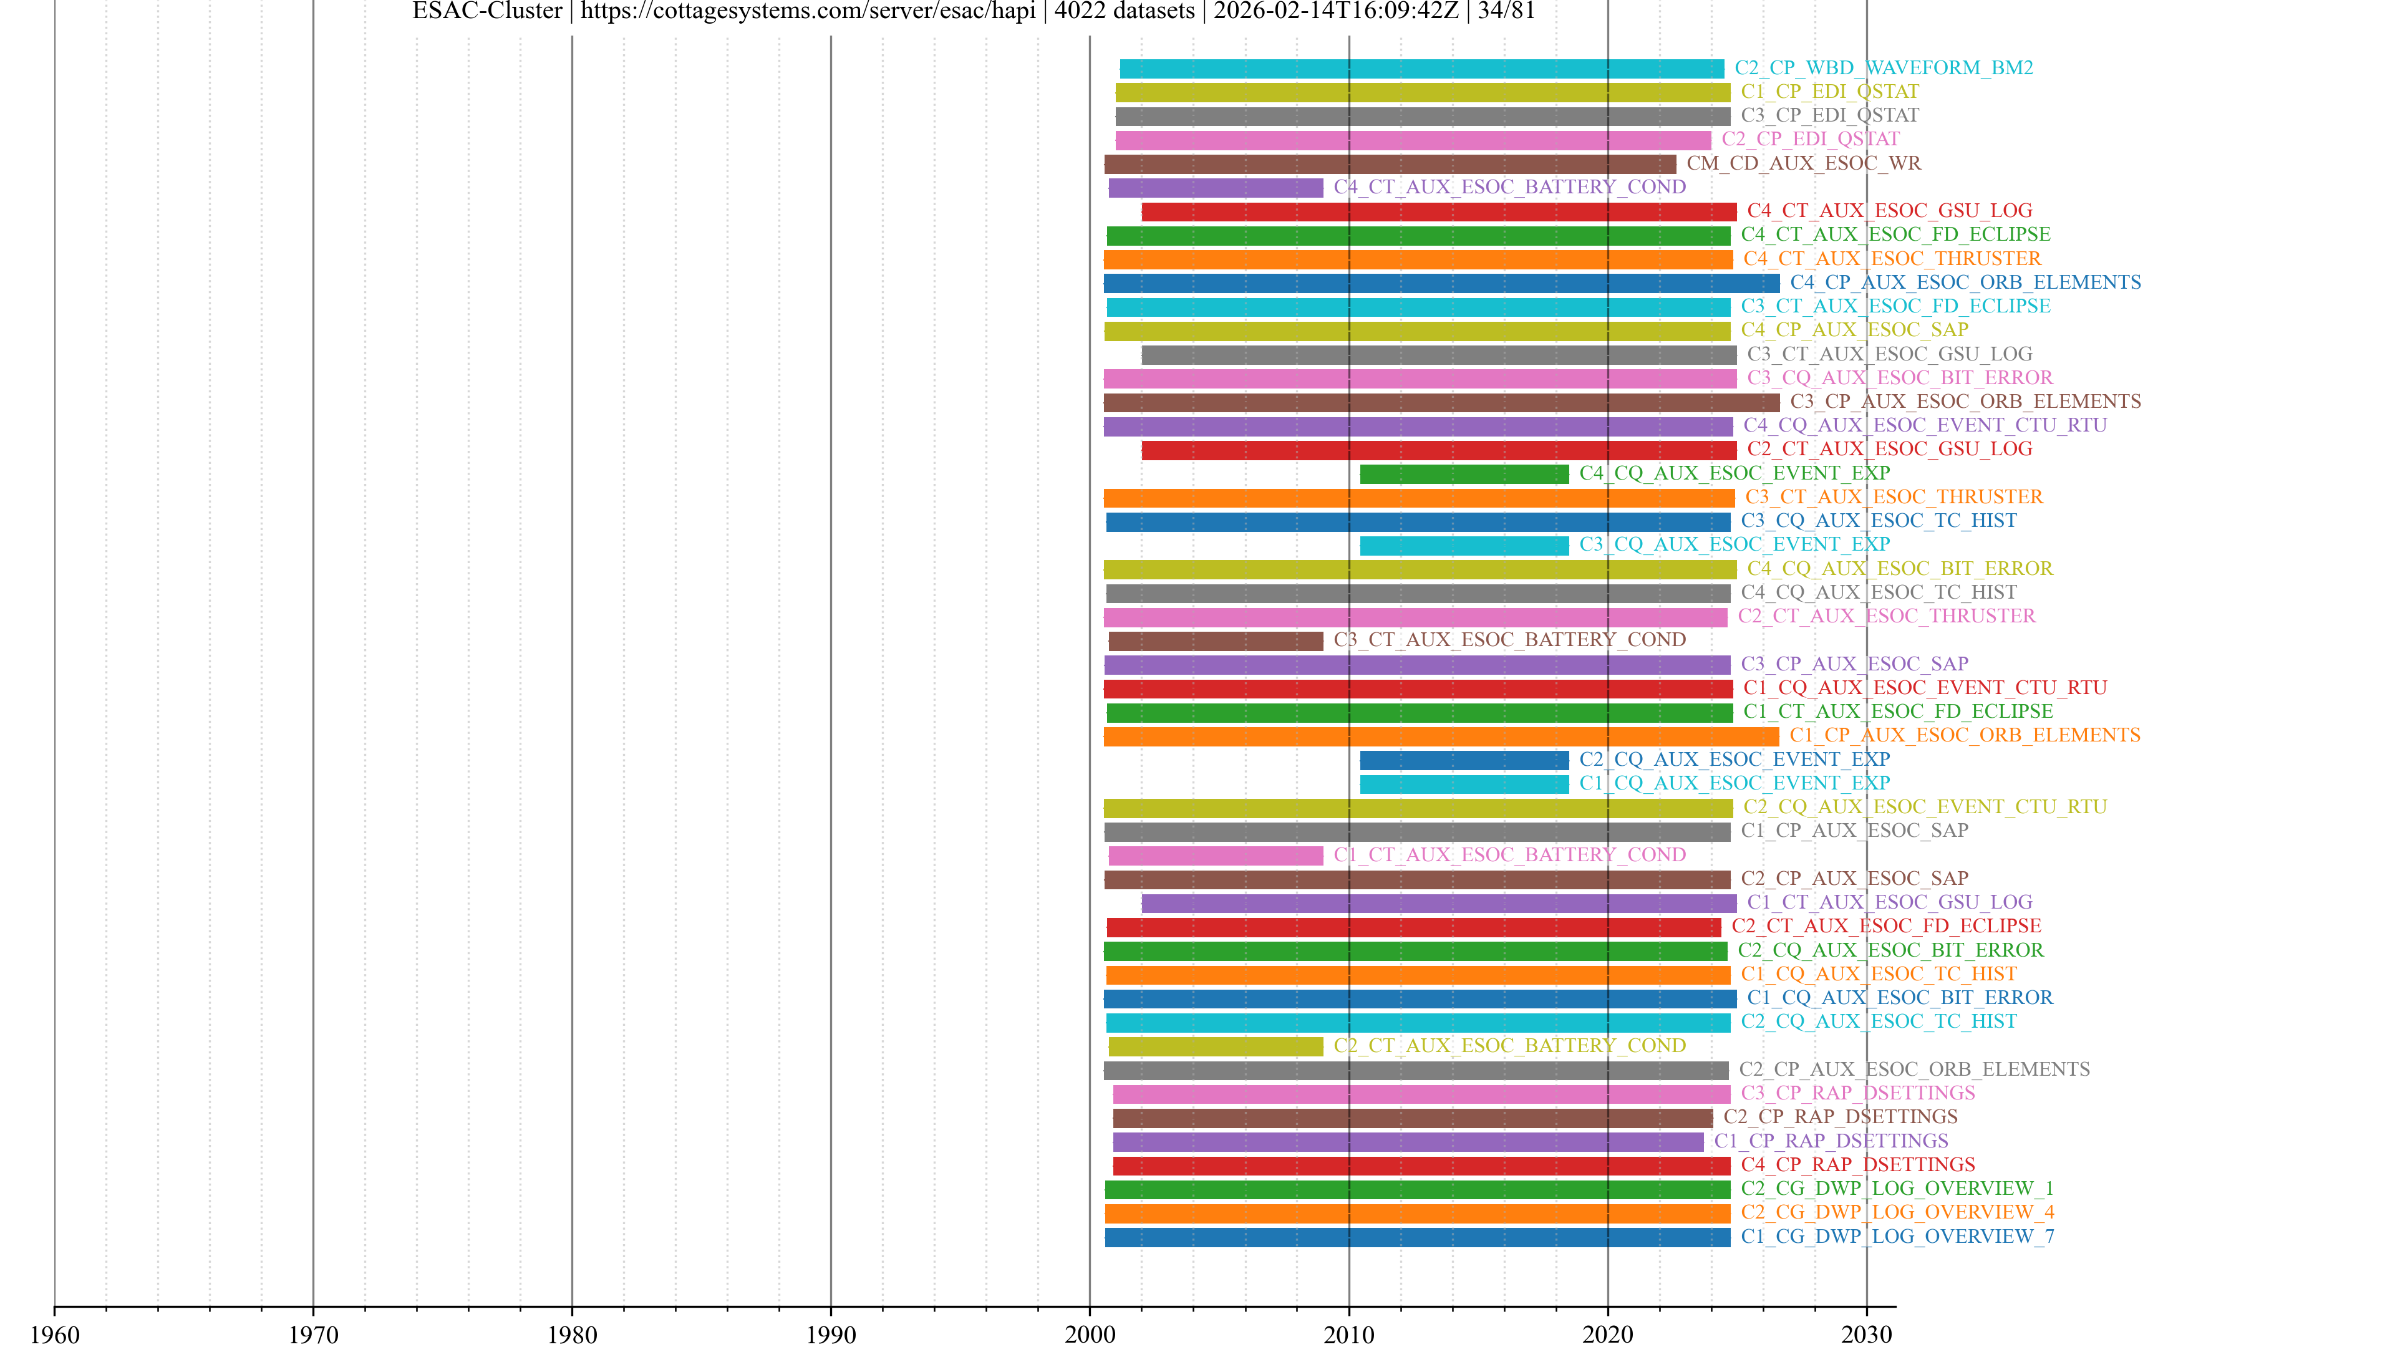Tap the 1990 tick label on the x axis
click(x=830, y=1334)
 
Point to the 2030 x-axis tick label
click(x=1866, y=1334)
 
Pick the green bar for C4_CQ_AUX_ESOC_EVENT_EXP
click(x=1464, y=474)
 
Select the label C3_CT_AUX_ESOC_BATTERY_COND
click(x=1509, y=640)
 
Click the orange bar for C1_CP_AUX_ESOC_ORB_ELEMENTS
click(x=1441, y=736)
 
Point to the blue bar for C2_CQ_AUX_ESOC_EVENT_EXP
click(x=1464, y=760)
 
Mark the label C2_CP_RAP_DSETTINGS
click(x=1840, y=1116)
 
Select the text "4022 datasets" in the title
click(x=1124, y=11)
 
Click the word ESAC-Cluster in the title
click(x=487, y=11)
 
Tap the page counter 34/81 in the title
click(x=1506, y=11)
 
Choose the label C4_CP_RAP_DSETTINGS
click(x=1857, y=1165)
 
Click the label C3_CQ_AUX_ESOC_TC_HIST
click(x=1878, y=521)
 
